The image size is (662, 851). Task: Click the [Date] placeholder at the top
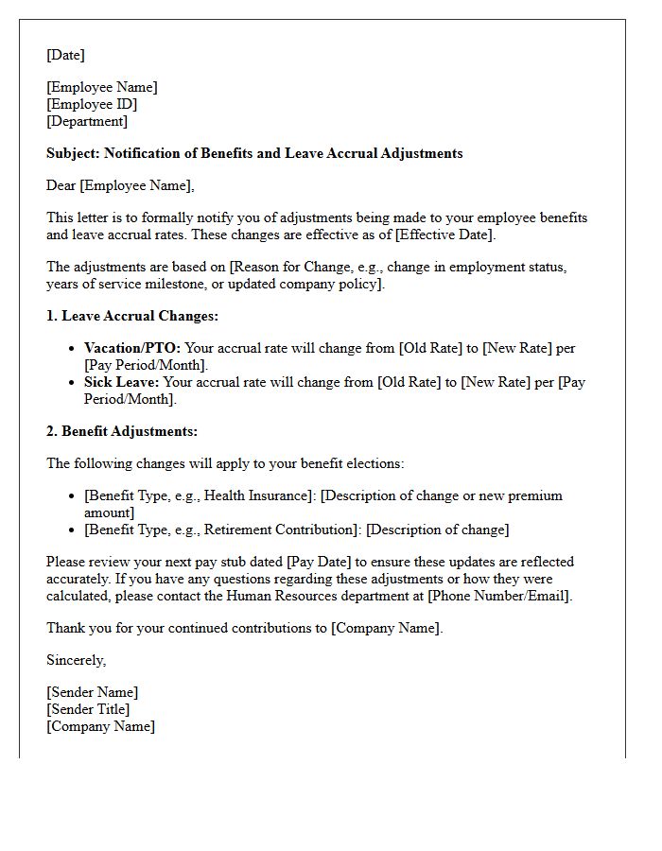coord(65,55)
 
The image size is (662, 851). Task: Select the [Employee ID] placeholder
coord(92,104)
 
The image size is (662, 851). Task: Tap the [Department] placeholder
coord(87,121)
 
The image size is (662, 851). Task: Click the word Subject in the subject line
coord(73,153)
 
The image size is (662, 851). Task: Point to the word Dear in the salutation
coord(61,185)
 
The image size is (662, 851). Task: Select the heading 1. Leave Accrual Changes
coord(132,316)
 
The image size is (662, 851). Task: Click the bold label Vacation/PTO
coord(132,348)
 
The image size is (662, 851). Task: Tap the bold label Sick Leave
coord(122,382)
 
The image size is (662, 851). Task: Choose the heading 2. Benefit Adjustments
coord(122,431)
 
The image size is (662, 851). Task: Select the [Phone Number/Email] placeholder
coord(498,596)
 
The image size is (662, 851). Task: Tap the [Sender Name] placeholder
coord(92,692)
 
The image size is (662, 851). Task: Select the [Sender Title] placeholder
coord(88,709)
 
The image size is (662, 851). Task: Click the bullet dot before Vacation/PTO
coord(73,349)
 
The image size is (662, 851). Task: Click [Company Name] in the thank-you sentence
coord(385,628)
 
